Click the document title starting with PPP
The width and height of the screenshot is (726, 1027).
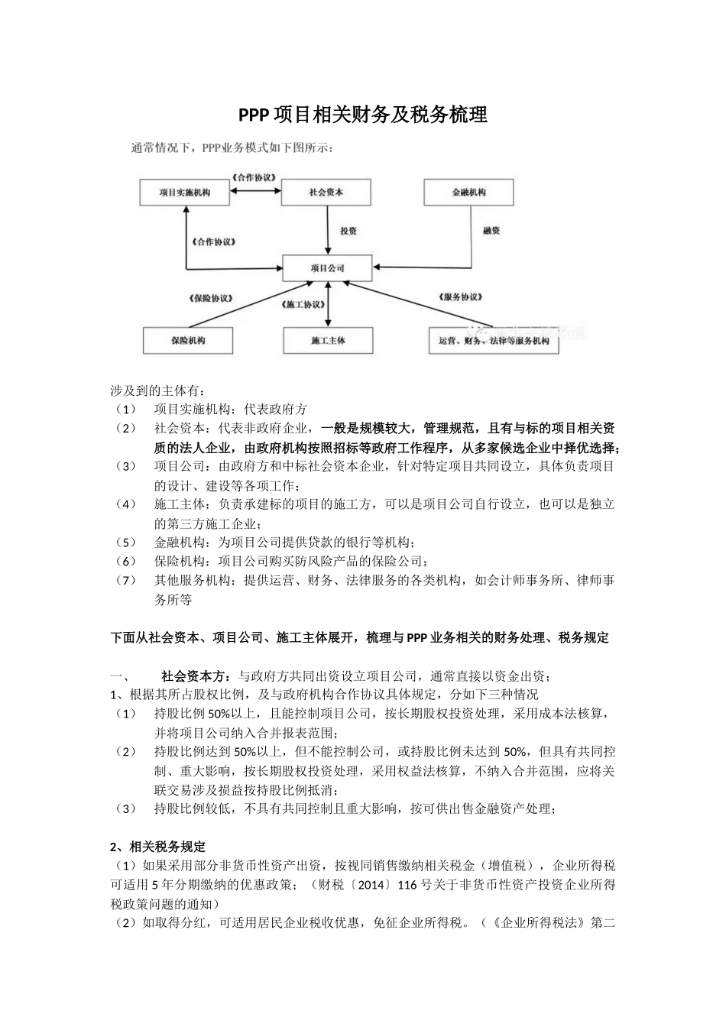362,115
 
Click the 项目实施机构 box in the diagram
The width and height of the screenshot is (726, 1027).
185,193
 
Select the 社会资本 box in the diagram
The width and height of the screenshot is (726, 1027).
326,193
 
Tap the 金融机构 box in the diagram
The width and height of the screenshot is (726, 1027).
468,193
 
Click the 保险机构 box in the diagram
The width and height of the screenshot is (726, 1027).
188,340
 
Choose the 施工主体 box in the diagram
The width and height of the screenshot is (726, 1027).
327,340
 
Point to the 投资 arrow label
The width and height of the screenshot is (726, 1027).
348,230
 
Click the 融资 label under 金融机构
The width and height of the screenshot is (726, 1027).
491,230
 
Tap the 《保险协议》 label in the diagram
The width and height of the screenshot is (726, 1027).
212,298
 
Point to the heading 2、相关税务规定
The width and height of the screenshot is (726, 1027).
158,847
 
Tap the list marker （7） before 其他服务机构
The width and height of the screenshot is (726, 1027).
125,581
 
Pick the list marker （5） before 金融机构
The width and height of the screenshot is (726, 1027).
125,543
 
